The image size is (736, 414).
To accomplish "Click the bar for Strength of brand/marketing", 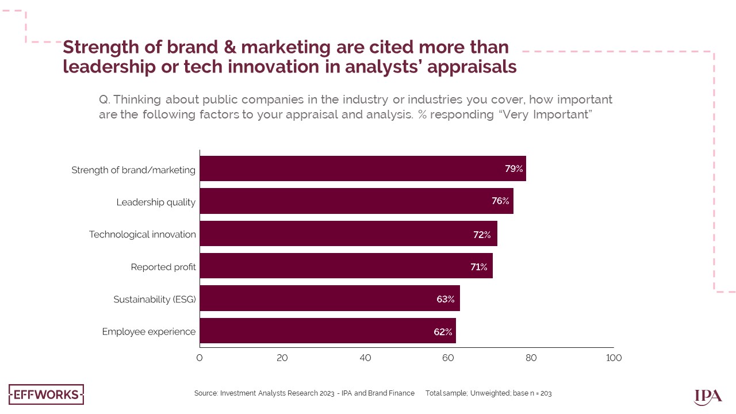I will coord(362,168).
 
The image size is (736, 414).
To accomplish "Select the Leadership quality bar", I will coord(356,201).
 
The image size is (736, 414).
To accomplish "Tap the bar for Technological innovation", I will coord(348,233).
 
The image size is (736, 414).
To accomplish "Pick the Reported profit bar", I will coord(346,266).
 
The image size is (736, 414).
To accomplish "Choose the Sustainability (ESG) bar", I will coord(329,298).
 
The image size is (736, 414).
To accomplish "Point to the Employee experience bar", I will coord(327,331).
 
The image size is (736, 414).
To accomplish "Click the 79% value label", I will coord(513,168).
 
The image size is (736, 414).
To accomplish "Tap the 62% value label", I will coord(443,332).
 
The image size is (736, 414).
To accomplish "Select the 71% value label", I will coord(478,267).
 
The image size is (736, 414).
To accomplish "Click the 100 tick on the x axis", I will coord(614,358).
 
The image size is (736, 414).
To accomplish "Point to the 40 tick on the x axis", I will coord(365,358).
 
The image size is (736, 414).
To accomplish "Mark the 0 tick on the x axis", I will coord(200,358).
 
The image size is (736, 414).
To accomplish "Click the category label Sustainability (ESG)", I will coord(154,300).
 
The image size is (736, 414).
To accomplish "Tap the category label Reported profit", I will coord(163,267).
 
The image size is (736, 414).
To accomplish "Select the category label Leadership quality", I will coord(156,202).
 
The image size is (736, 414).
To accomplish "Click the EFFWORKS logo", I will coord(46,394).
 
